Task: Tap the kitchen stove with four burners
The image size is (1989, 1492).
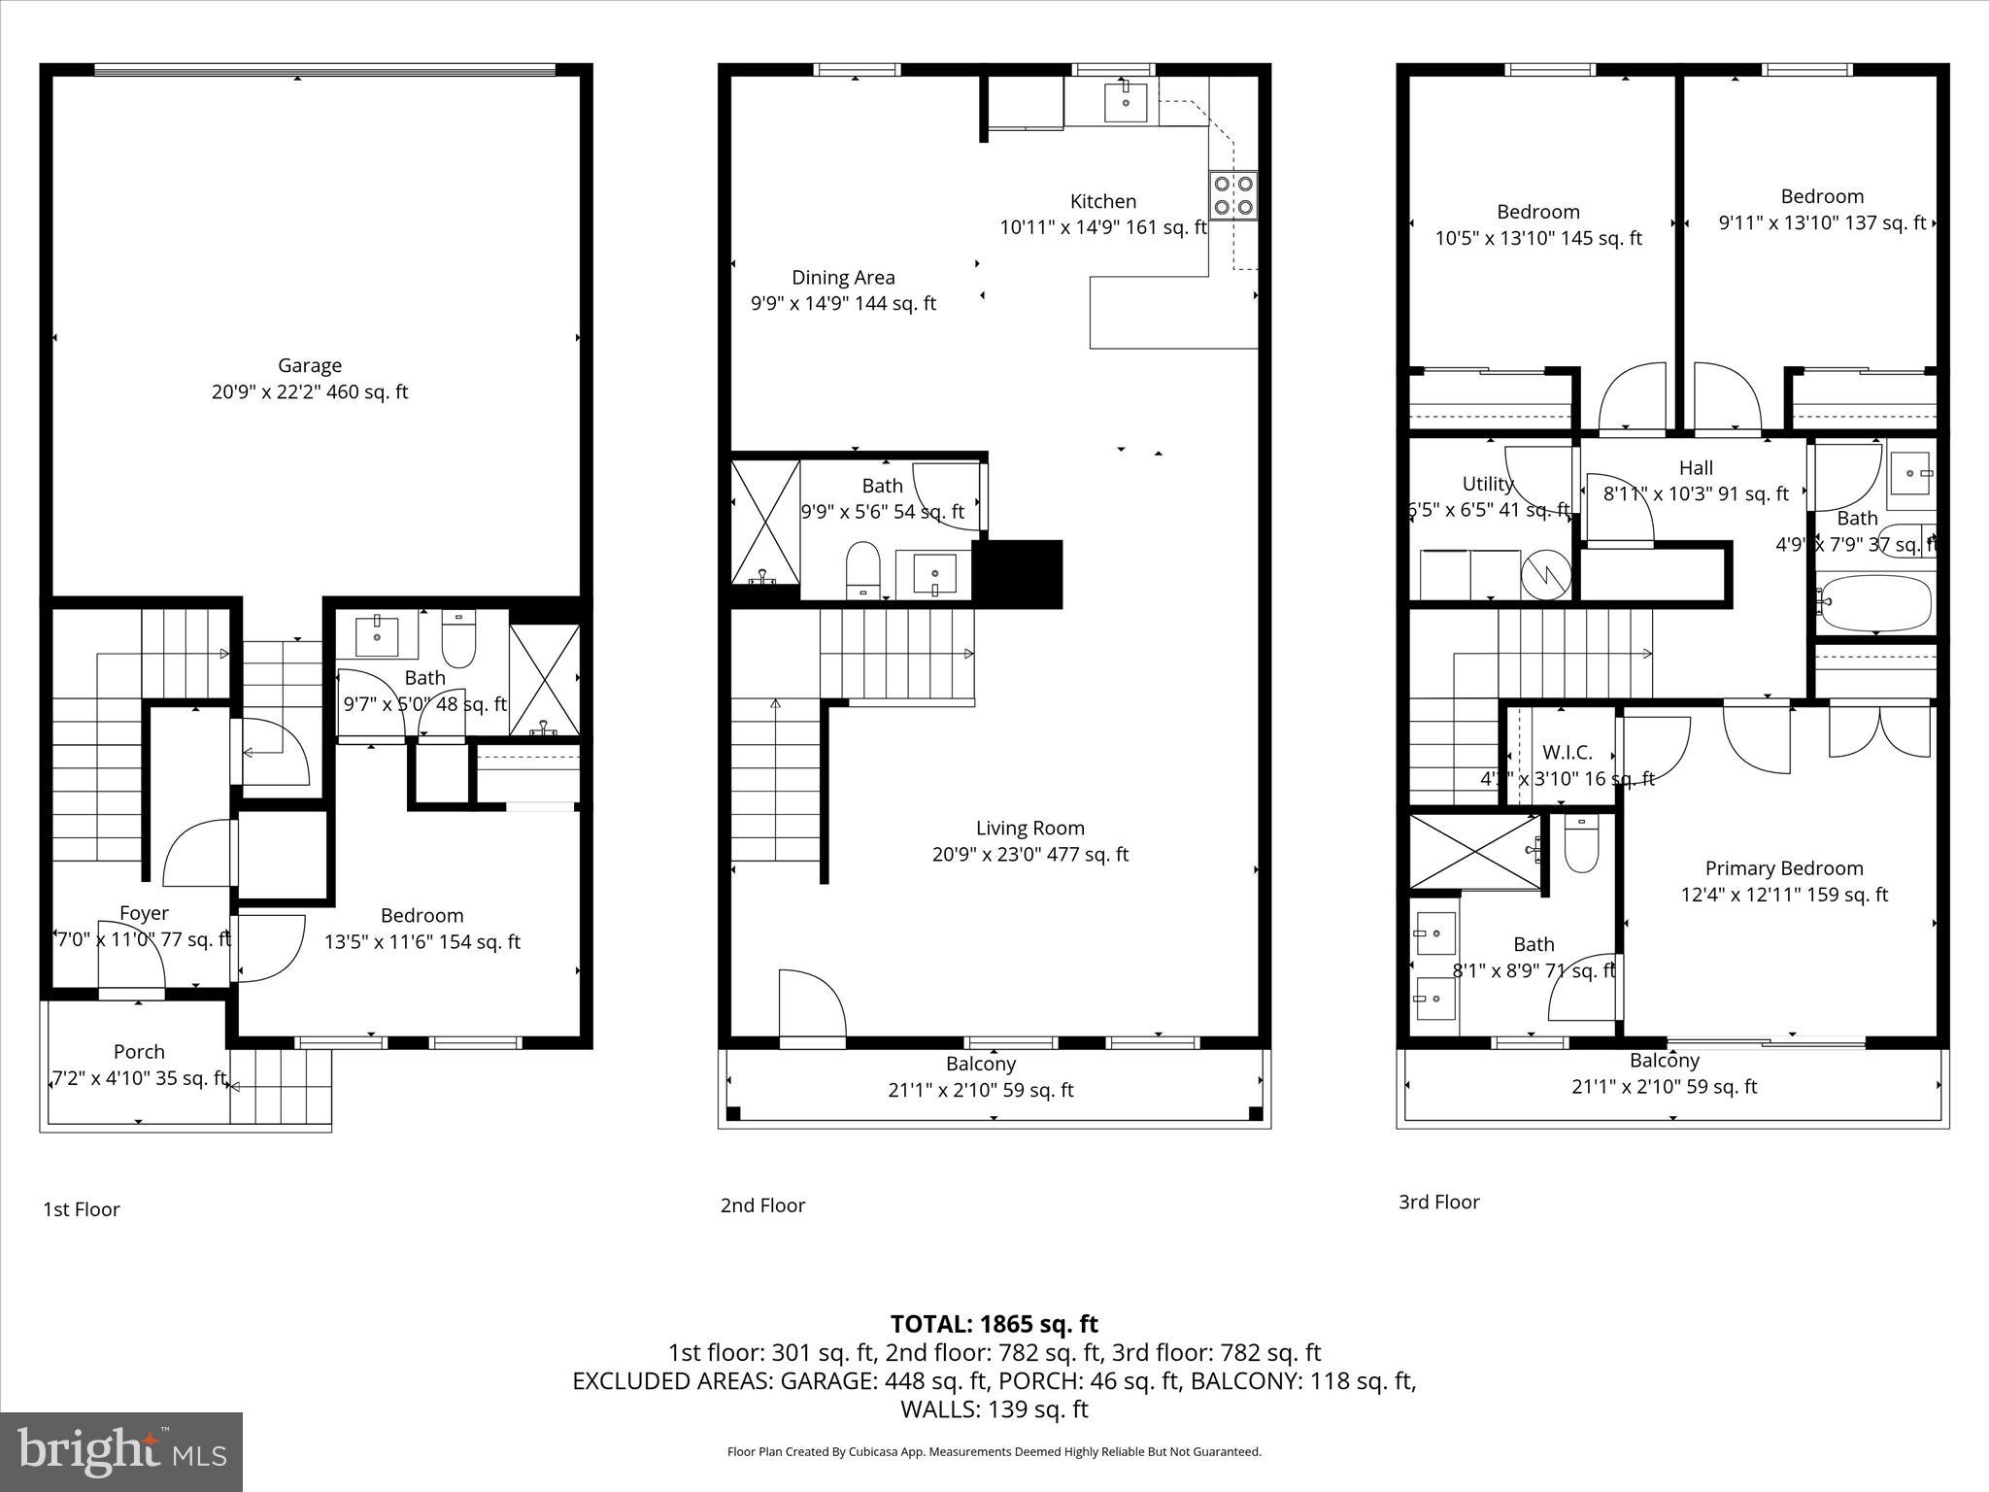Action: point(1233,195)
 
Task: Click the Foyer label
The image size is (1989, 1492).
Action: point(144,913)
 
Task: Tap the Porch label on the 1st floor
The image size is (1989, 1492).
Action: point(139,1052)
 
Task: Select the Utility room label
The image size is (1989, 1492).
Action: point(1487,484)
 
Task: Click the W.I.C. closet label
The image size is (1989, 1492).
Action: point(1567,753)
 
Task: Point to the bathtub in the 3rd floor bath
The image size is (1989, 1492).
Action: point(1873,603)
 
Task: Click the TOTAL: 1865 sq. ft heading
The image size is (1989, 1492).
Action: point(994,1324)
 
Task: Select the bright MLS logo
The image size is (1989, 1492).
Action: point(121,1451)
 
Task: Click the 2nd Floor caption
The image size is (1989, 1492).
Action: point(762,1205)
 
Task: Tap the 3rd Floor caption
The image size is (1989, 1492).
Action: point(1438,1202)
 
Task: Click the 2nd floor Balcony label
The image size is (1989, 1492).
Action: point(981,1064)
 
